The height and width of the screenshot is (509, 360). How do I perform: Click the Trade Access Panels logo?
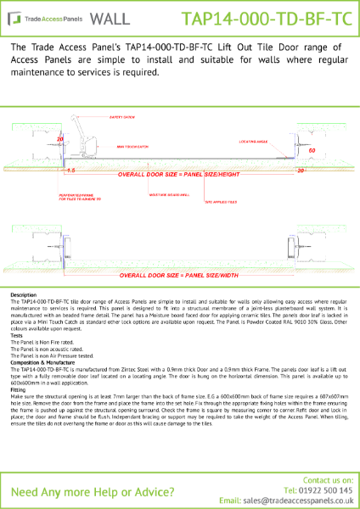(x=42, y=16)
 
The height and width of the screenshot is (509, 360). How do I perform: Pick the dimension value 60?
(x=312, y=150)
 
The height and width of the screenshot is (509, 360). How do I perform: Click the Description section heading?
(x=24, y=294)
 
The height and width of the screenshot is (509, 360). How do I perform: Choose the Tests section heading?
(x=17, y=335)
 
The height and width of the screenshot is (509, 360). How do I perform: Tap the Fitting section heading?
(x=18, y=389)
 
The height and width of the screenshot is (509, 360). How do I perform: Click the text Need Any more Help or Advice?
(x=85, y=492)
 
